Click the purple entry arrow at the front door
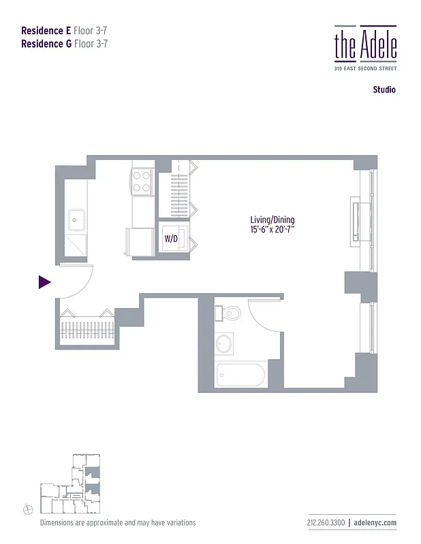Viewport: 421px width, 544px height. (x=44, y=282)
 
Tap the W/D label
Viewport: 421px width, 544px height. (x=170, y=239)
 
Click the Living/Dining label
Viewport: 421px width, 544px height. (x=272, y=220)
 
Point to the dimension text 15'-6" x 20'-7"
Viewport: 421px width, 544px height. (x=272, y=231)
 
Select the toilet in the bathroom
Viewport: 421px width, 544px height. (x=230, y=313)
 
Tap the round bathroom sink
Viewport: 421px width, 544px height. (x=224, y=343)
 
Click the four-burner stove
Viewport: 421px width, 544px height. (x=142, y=182)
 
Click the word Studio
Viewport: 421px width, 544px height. (x=384, y=90)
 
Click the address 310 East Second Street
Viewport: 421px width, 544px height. (x=365, y=69)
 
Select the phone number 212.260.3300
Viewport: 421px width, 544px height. (x=326, y=522)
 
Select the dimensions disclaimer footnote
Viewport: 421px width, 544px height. (x=118, y=522)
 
